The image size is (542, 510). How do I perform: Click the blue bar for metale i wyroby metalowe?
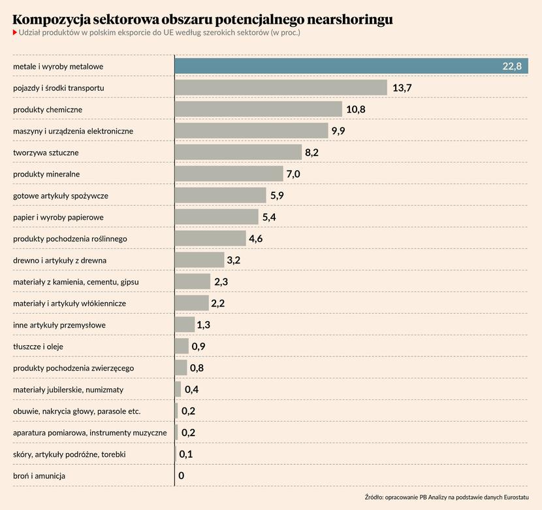[x=340, y=67]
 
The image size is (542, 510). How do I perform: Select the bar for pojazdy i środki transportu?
[x=281, y=88]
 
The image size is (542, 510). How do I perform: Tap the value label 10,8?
[x=356, y=109]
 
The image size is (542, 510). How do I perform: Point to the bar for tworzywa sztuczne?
[x=238, y=152]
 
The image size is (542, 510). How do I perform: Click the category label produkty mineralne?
[x=56, y=174]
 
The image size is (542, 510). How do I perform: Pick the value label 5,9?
[x=277, y=195]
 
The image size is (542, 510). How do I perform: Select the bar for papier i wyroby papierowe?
[x=217, y=217]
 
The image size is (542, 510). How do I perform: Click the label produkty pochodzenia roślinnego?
[x=70, y=239]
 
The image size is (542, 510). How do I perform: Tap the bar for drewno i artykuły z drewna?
[x=199, y=260]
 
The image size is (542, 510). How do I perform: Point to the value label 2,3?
[x=221, y=282]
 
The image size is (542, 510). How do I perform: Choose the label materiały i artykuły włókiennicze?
[x=69, y=303]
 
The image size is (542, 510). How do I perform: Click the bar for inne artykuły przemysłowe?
[x=185, y=325]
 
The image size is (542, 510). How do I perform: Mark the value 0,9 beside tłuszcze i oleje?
[x=199, y=347]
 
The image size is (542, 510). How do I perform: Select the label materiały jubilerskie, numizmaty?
[x=68, y=390]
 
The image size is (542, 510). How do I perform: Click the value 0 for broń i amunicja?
[x=181, y=476]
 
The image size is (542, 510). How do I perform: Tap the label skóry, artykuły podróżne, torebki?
[x=69, y=454]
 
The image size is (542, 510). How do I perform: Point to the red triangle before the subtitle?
[x=15, y=32]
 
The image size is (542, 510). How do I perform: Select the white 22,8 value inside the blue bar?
[x=511, y=67]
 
